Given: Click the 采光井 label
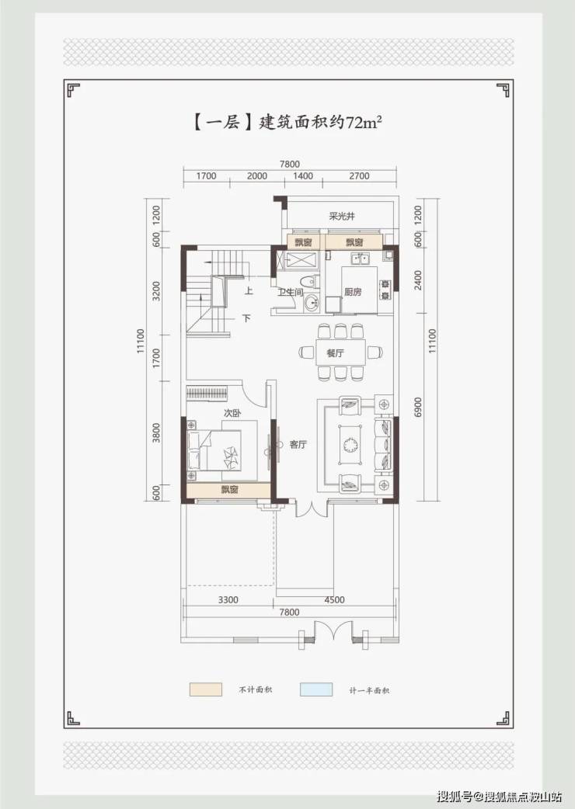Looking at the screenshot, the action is click(342, 216).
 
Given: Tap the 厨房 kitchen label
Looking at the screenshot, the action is click(353, 292).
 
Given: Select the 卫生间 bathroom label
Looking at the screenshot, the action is click(291, 293).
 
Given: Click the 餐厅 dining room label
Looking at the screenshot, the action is click(335, 353).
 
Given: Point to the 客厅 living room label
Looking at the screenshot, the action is click(298, 444).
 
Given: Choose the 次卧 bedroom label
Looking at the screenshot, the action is click(232, 413).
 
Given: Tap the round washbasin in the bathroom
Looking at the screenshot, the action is click(312, 304).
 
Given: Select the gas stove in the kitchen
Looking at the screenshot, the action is click(385, 290).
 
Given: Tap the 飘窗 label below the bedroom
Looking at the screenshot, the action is click(230, 490).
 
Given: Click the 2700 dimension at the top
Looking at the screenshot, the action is click(359, 176).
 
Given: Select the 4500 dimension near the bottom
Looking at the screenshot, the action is click(334, 599).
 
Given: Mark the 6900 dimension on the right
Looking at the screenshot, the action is click(418, 407).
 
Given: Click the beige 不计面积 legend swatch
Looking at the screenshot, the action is click(205, 689).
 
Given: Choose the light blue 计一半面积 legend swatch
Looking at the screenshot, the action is click(316, 689).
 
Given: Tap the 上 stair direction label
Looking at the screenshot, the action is click(249, 291).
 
